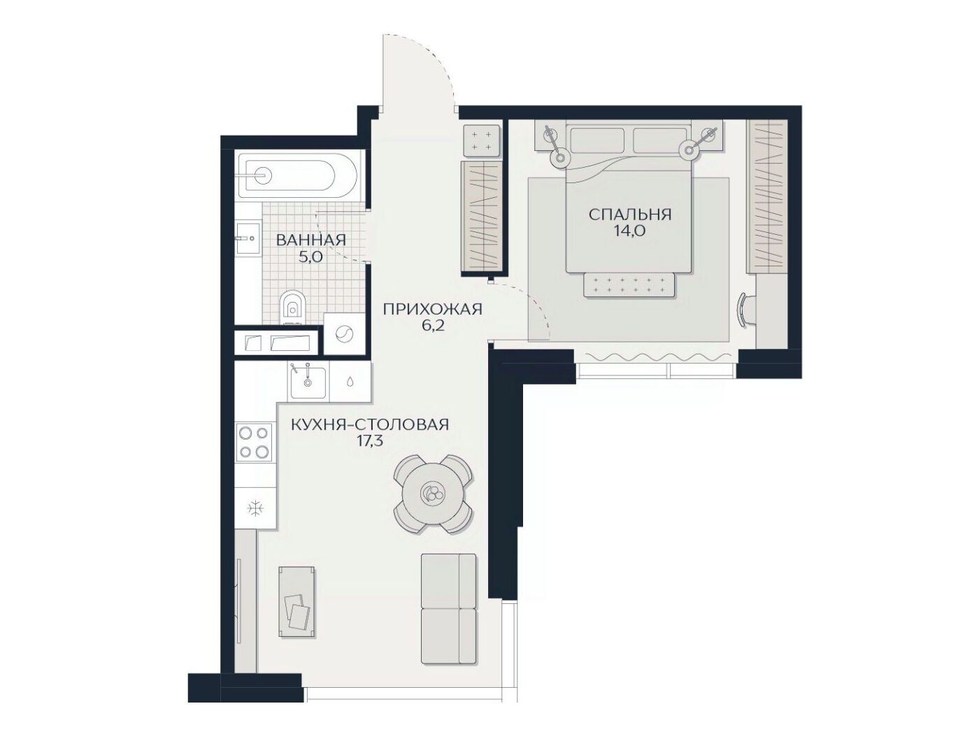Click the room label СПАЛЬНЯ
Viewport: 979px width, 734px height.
tap(630, 215)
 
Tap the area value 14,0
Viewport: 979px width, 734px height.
tap(630, 232)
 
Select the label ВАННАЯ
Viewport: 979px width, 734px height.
tap(311, 240)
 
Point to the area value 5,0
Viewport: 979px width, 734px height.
tap(310, 257)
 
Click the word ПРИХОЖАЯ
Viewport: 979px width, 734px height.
tap(433, 309)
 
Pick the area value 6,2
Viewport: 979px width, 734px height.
tap(432, 326)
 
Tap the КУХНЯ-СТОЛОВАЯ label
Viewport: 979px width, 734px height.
tap(370, 425)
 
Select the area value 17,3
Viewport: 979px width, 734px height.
tap(370, 442)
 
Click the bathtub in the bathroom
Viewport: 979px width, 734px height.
tap(297, 175)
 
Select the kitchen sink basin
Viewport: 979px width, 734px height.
tap(308, 382)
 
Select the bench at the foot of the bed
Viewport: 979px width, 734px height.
tap(629, 285)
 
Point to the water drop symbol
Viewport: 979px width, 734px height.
tap(350, 382)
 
